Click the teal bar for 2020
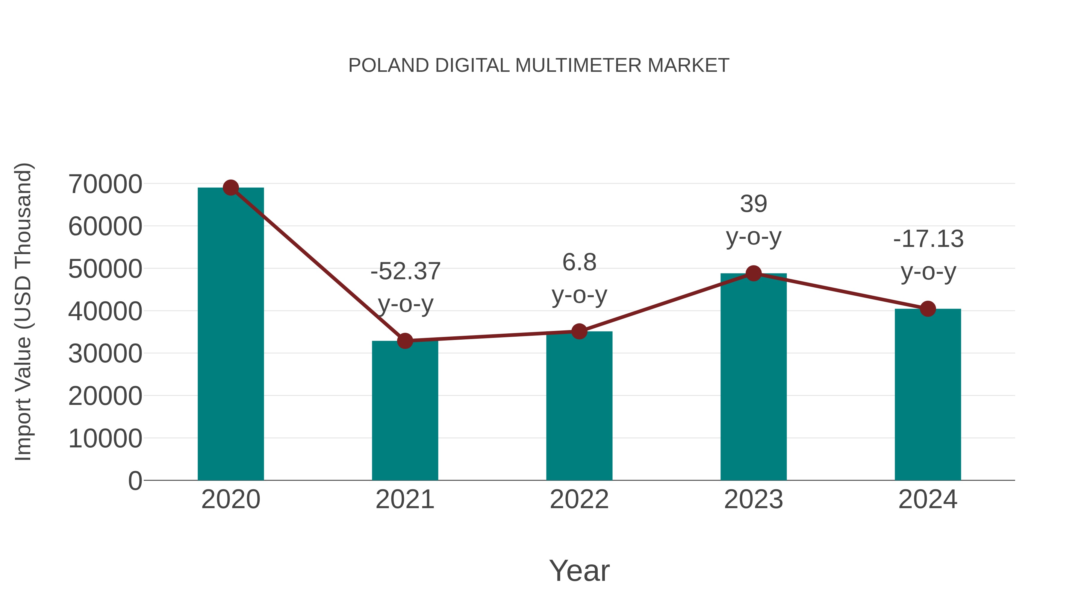coord(231,335)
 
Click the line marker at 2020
coord(231,188)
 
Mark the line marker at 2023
coord(753,274)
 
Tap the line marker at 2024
coord(928,309)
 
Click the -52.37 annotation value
coord(405,271)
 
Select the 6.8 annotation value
coord(579,262)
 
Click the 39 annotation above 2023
coord(753,204)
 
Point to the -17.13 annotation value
coord(928,239)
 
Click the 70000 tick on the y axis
coord(105,184)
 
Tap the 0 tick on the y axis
coord(135,481)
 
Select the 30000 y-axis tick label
coord(105,353)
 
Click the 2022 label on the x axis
coord(579,499)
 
